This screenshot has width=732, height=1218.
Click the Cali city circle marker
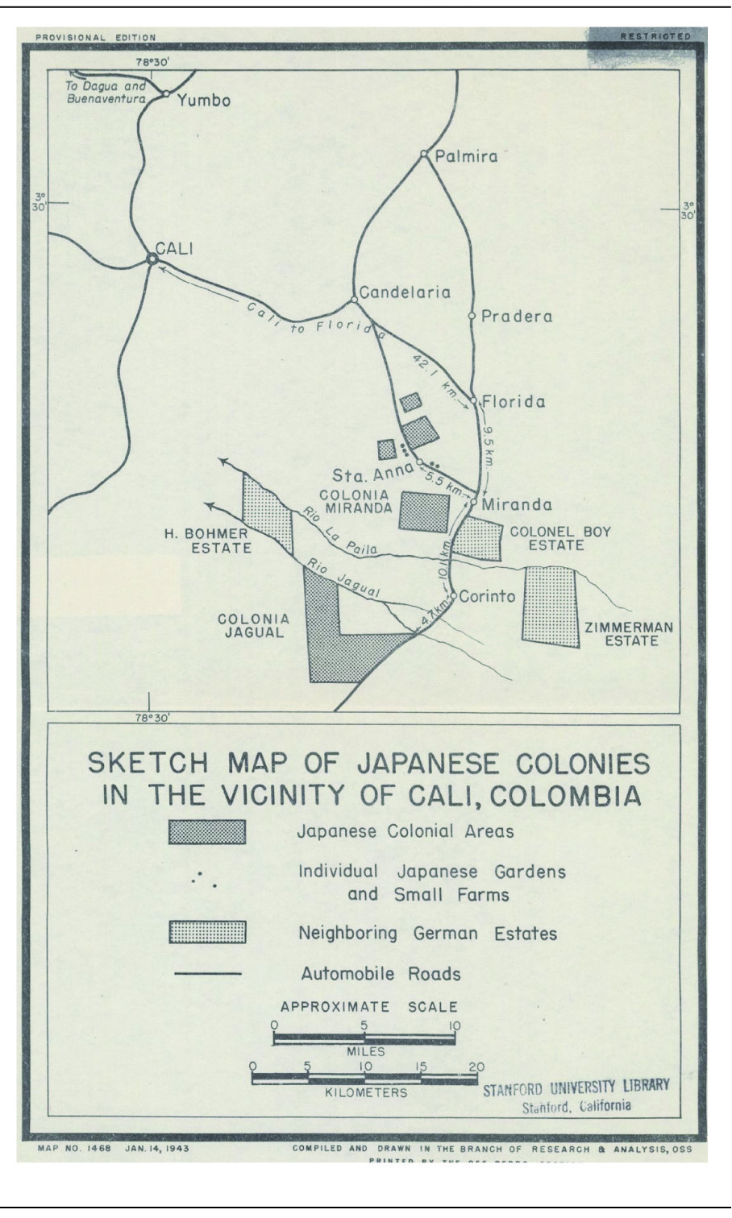tap(152, 259)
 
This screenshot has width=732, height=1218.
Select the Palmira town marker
tap(423, 154)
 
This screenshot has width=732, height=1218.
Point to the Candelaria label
tap(405, 292)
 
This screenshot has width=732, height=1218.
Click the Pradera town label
tap(517, 317)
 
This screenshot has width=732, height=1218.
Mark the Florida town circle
tap(474, 400)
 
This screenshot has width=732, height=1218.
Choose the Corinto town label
tap(487, 597)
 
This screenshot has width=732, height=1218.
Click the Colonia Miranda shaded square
tap(424, 512)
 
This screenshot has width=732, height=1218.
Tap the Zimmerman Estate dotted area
tap(551, 606)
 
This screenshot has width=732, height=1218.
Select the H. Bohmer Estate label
tap(208, 540)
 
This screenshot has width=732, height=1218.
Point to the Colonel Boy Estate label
tap(560, 538)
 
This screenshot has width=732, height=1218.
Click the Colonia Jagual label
tap(253, 626)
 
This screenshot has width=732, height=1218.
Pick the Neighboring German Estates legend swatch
tap(207, 933)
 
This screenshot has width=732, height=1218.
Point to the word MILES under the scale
tap(365, 1051)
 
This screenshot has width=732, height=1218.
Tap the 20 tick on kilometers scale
tap(476, 1067)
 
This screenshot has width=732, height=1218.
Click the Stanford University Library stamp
tap(576, 1095)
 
